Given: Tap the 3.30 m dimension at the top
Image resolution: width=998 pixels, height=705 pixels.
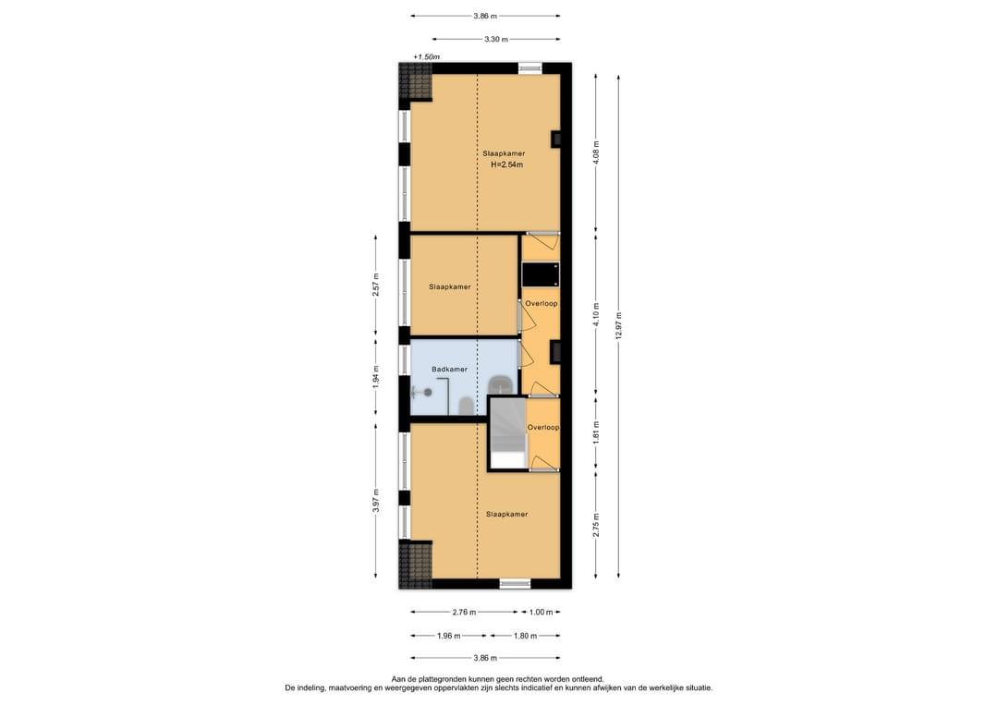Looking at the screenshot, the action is [x=496, y=39].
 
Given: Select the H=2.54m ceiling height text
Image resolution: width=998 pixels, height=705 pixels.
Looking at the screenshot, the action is [x=506, y=164].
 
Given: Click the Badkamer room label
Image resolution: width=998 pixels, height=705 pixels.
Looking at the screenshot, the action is [x=449, y=369].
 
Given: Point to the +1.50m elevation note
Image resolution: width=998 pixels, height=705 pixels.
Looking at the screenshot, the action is [x=426, y=56].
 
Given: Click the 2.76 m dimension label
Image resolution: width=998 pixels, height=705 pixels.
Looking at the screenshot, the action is [x=464, y=612].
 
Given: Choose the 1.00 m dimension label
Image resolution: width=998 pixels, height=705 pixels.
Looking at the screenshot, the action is [x=541, y=612].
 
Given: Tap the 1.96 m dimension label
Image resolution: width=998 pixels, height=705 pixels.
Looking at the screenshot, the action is [x=449, y=635].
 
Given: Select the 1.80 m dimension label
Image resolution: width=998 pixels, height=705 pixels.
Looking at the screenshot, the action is [x=525, y=635].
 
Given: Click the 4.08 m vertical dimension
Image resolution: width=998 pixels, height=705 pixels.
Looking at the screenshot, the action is [x=596, y=152].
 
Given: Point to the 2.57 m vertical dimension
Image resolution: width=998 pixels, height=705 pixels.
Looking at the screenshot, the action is [x=375, y=285].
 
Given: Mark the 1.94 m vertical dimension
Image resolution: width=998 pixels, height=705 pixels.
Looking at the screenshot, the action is [x=375, y=377].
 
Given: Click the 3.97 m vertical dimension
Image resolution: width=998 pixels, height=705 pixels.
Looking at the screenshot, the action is [x=375, y=500].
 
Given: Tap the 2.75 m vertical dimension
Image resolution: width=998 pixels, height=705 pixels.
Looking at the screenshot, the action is [x=596, y=525].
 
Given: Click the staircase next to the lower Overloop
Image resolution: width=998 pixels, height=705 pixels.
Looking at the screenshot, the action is [x=508, y=433].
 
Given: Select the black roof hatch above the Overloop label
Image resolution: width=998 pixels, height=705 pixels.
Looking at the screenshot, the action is [x=541, y=274].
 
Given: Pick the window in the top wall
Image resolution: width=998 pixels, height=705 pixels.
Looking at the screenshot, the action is [x=529, y=68].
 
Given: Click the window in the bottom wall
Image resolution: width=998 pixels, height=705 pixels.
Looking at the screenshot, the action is [x=515, y=583].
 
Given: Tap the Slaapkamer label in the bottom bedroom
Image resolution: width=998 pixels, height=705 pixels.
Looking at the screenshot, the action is [x=506, y=514].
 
